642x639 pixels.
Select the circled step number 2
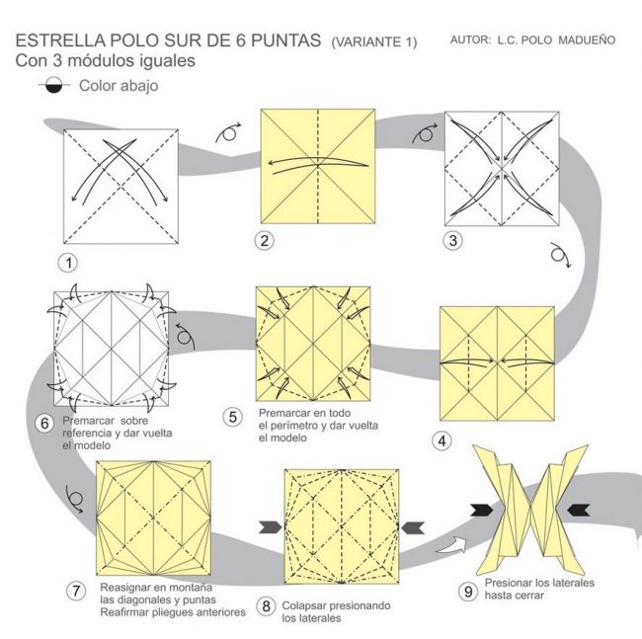pyautogui.click(x=263, y=240)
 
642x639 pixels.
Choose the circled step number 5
pyautogui.click(x=232, y=416)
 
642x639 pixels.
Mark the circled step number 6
pyautogui.click(x=44, y=424)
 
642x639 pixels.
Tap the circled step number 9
pyautogui.click(x=468, y=591)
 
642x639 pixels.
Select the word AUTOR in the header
pyautogui.click(x=470, y=41)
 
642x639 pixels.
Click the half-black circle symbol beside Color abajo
pyautogui.click(x=51, y=86)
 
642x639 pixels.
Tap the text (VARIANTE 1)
pyautogui.click(x=374, y=42)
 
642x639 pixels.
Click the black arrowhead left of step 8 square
pyautogui.click(x=269, y=527)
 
